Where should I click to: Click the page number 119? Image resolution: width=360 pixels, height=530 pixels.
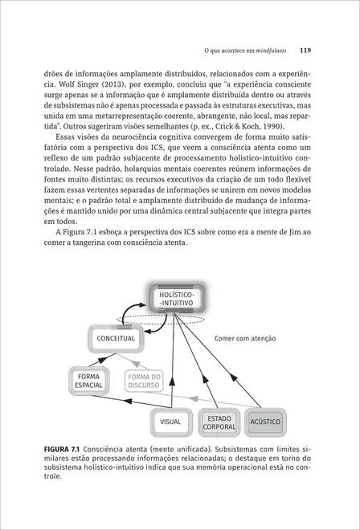click(x=305, y=50)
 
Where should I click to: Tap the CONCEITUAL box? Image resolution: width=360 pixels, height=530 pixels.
click(x=116, y=339)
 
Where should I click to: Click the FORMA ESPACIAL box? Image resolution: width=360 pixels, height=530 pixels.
click(x=88, y=381)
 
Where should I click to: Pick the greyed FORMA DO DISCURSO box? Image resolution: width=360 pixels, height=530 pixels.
click(x=144, y=381)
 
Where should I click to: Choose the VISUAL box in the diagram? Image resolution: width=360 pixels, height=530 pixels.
click(x=170, y=421)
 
